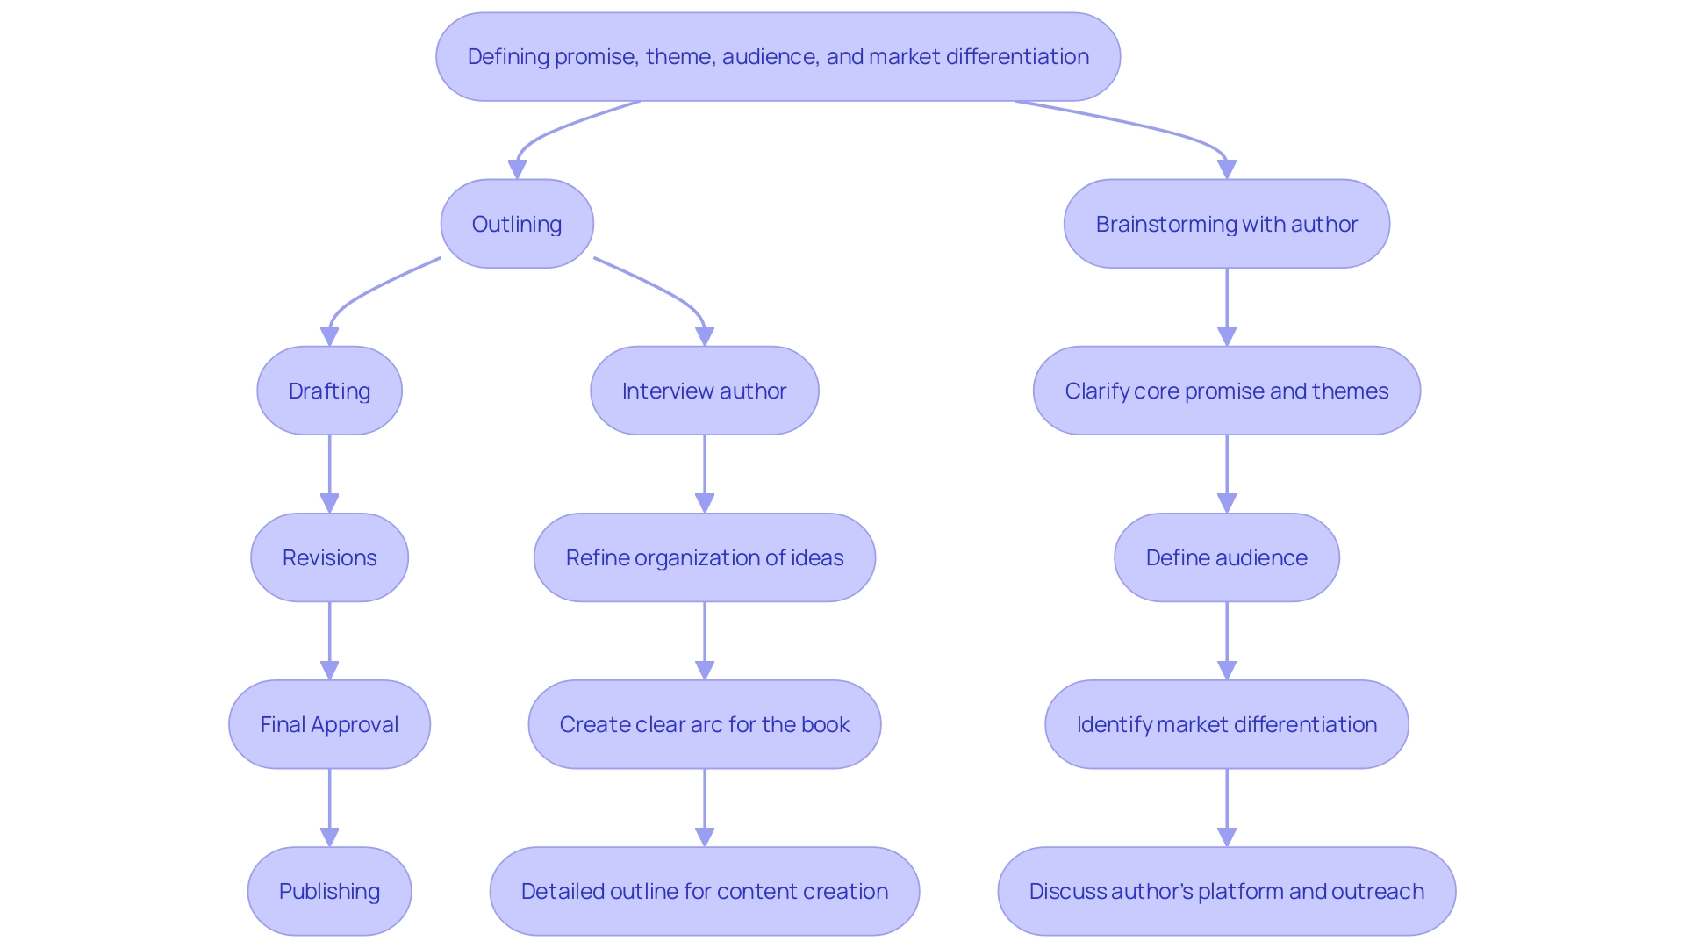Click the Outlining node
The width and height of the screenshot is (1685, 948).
tap(517, 224)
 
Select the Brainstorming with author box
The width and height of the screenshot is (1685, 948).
tap(1226, 224)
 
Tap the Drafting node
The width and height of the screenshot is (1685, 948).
tap(329, 391)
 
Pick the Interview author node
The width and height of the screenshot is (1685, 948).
tap(704, 391)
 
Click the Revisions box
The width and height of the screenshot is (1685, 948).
tap(329, 557)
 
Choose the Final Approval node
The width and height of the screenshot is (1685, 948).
tap(329, 724)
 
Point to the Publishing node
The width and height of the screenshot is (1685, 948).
tap(329, 891)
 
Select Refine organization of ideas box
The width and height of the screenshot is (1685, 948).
tap(704, 557)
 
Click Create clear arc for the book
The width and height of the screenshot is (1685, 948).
tap(704, 724)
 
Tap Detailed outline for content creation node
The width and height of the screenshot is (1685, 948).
tap(704, 891)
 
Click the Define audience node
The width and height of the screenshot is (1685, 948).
tap(1226, 557)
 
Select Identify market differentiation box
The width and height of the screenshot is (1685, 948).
tap(1226, 724)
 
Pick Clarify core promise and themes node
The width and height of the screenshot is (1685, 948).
tap(1226, 391)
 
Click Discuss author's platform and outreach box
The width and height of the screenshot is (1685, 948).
tap(1226, 891)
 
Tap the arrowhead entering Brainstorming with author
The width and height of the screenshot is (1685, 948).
tap(1227, 169)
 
